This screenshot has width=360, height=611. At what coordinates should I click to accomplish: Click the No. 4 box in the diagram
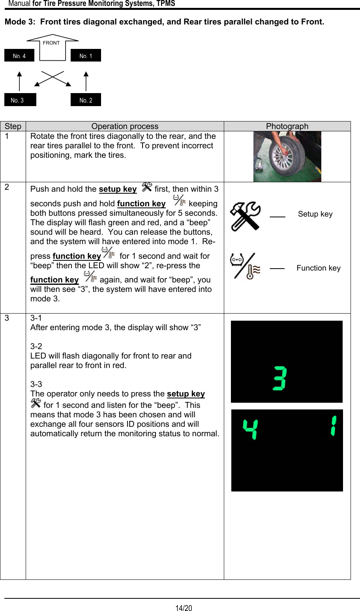pos(19,55)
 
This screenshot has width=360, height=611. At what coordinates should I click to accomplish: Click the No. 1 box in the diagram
pos(86,55)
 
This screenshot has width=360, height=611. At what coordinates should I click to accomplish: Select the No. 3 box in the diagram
pos(20,100)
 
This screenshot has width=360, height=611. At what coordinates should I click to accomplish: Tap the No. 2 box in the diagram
pos(86,100)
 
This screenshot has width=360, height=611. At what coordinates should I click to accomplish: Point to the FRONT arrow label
pos(52,43)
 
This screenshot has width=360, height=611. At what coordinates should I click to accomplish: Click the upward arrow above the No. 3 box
pos(19,81)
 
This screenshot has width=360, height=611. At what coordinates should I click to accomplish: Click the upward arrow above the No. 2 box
pos(86,81)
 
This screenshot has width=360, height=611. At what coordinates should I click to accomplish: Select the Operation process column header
pos(125,126)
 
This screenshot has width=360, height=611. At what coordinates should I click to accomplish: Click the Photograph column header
pos(287,126)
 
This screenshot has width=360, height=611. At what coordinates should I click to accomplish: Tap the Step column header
pos(13,126)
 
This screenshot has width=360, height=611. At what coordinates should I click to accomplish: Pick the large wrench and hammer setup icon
pos(245,216)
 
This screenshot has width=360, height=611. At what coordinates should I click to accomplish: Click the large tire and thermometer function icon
pos(245,266)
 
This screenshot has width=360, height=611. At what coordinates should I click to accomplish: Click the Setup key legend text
pos(315,214)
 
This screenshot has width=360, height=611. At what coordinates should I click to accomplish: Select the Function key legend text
pos(318,268)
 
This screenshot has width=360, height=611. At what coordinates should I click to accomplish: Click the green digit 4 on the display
pos(250,429)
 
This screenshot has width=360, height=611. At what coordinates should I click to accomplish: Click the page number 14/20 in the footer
pos(184,608)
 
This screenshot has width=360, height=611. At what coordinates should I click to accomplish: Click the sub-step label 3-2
pos(36,346)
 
